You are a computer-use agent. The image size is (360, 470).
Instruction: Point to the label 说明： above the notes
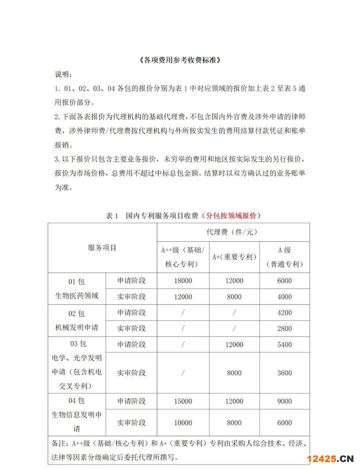tap(63, 75)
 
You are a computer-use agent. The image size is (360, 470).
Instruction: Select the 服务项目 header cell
tap(102, 248)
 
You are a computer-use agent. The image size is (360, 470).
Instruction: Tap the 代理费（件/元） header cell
tap(232, 232)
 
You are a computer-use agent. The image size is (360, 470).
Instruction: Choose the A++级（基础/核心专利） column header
tap(182, 257)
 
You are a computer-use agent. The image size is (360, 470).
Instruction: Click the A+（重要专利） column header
tap(233, 257)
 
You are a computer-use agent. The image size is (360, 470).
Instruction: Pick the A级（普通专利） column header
tap(284, 257)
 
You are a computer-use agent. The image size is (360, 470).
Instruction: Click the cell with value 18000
tap(182, 281)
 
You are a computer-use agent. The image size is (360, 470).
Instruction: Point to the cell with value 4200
tap(284, 313)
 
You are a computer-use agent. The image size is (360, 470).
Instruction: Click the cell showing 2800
tap(284, 328)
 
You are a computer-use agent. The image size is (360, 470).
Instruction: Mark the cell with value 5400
tap(284, 345)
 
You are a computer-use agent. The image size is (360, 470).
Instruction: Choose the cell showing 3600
tap(284, 373)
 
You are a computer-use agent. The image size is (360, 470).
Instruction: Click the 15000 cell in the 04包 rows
tap(182, 401)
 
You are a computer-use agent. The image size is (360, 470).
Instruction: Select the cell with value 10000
tap(182, 423)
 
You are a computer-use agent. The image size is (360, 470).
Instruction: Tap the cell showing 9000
tap(284, 401)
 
